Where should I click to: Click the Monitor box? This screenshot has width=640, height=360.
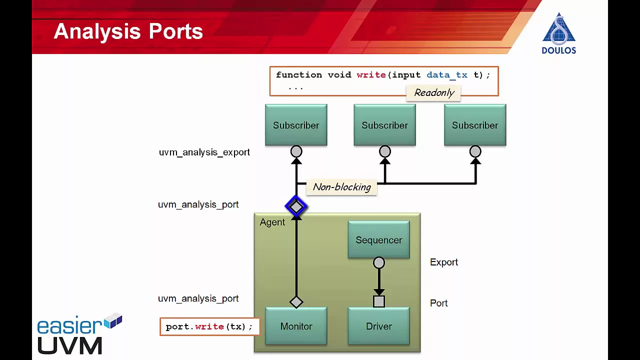pos(296,325)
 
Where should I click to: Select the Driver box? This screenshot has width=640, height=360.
pos(379,325)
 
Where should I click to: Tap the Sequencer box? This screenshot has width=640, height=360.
pos(379,239)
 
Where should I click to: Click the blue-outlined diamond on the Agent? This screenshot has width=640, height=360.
pos(296,206)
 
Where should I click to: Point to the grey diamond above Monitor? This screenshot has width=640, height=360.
pos(296,302)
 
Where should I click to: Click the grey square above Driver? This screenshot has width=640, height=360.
pos(379,301)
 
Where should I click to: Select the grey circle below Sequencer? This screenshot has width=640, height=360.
pos(379,262)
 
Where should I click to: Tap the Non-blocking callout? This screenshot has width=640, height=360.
pos(341,187)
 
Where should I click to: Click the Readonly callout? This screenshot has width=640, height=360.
pos(433,93)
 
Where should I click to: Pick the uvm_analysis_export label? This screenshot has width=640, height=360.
pos(204,152)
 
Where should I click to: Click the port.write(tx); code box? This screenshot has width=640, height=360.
pos(209,326)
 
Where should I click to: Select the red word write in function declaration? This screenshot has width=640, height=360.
pos(371,75)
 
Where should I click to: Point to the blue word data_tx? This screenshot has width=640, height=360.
pos(447,75)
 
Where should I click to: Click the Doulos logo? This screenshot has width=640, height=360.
pos(559,33)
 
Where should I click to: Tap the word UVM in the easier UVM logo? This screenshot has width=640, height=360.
pos(69,345)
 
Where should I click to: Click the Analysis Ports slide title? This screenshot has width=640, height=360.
pos(128,31)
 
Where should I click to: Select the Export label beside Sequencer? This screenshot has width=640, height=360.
pos(443,262)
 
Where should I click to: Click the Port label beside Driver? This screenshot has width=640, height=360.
pos(438,303)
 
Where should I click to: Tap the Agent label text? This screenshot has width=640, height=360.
pos(272,222)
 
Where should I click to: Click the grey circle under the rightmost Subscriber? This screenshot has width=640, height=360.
pos(475,151)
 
